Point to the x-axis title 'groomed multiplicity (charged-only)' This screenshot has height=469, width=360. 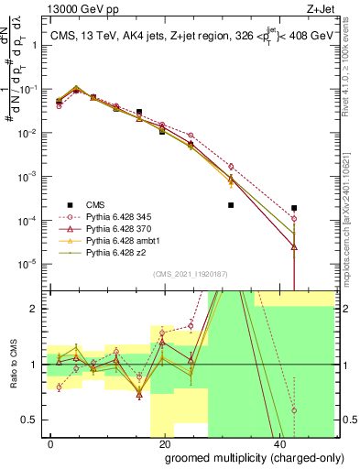[x=242, y=457]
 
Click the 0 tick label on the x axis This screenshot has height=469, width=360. [x=50, y=442]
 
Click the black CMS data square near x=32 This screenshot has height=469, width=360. [x=231, y=205]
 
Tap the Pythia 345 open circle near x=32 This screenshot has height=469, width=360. [x=231, y=167]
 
